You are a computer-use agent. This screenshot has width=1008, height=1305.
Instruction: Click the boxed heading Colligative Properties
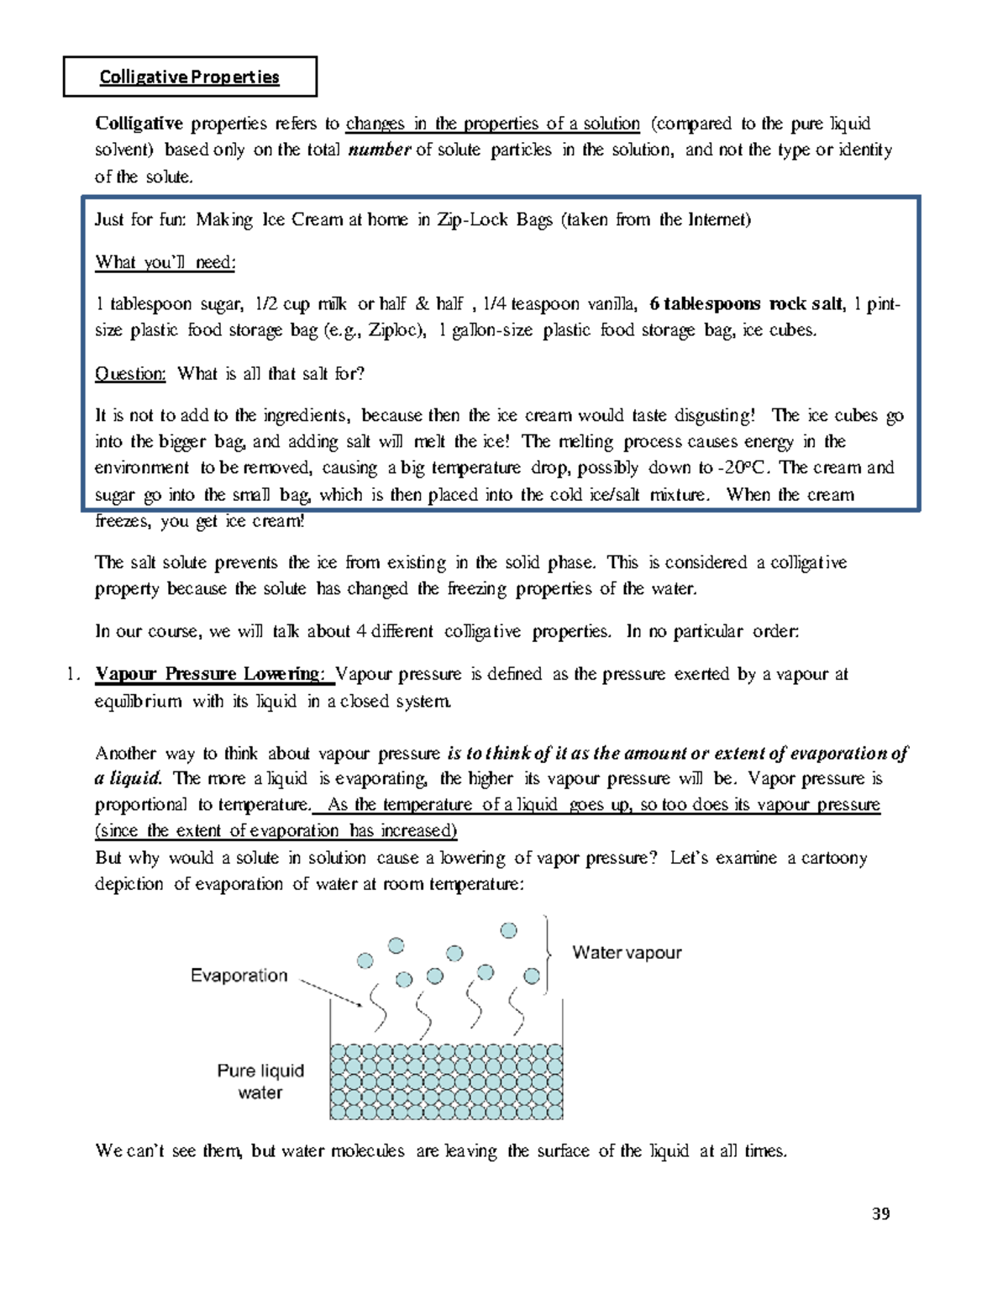pyautogui.click(x=189, y=77)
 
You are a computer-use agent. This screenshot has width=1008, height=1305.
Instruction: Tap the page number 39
pyautogui.click(x=880, y=1213)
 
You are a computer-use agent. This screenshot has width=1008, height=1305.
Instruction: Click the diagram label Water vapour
pyautogui.click(x=627, y=953)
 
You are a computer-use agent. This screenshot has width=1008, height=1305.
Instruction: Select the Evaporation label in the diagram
pyautogui.click(x=239, y=976)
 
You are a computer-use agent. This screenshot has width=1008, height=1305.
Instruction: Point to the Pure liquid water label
pyautogui.click(x=260, y=1081)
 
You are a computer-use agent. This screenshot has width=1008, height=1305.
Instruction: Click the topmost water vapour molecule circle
pyautogui.click(x=508, y=930)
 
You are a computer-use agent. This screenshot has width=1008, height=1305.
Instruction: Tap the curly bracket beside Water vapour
pyautogui.click(x=549, y=954)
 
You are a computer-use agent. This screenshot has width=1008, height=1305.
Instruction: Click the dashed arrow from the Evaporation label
pyautogui.click(x=331, y=992)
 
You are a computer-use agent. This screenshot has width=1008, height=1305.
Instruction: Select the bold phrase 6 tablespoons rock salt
pyautogui.click(x=746, y=304)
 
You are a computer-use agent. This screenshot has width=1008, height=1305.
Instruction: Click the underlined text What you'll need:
pyautogui.click(x=165, y=262)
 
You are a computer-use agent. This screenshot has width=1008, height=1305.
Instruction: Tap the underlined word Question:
pyautogui.click(x=130, y=374)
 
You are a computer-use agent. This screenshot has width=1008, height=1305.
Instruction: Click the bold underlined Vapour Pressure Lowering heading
pyautogui.click(x=208, y=674)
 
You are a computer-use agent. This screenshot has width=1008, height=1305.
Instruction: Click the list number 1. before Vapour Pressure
pyautogui.click(x=73, y=674)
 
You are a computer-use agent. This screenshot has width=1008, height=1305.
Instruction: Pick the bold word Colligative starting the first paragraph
pyautogui.click(x=139, y=124)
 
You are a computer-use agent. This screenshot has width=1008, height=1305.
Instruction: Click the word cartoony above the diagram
pyautogui.click(x=833, y=858)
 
